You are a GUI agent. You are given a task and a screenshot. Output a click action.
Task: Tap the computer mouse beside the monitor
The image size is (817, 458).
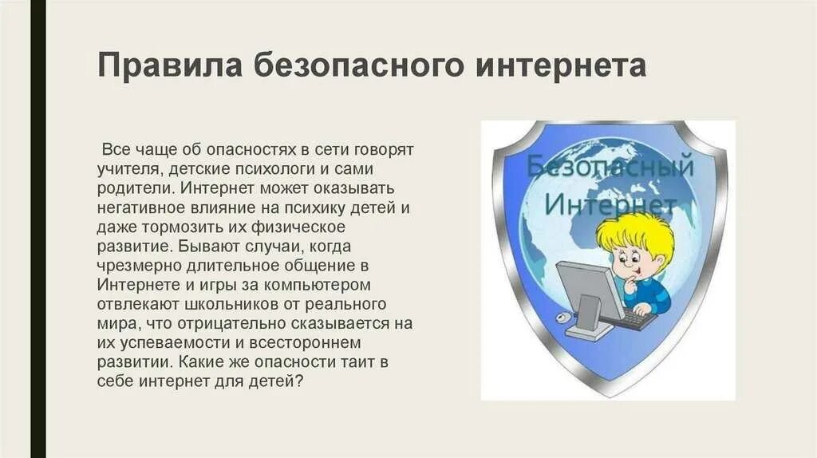[564, 318]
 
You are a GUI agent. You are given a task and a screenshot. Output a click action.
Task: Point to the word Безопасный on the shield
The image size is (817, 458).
[610, 167]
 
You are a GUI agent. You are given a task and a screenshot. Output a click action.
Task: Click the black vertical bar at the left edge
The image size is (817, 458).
[38, 229]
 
